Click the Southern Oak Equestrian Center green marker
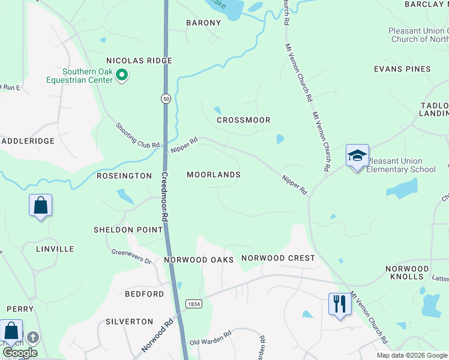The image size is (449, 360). (x=122, y=75)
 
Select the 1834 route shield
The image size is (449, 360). (x=193, y=304)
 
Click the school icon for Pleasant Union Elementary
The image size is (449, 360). (x=357, y=156)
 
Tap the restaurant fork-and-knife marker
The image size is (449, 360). (x=339, y=304)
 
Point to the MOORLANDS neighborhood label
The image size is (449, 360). (x=213, y=175)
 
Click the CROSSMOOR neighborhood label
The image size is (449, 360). (x=243, y=120)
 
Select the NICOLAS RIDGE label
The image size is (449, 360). (x=139, y=61)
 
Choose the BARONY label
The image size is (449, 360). (x=203, y=23)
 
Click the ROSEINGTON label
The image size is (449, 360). (x=125, y=176)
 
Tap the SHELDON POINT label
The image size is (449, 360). (x=128, y=230)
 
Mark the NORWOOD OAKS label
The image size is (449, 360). (x=198, y=260)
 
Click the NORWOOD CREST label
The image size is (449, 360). (x=278, y=258)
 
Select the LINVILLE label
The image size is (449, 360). (x=55, y=248)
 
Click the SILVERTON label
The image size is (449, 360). (x=129, y=322)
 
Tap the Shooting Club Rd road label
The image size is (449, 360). (x=138, y=136)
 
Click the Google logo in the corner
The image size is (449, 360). (x=20, y=353)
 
